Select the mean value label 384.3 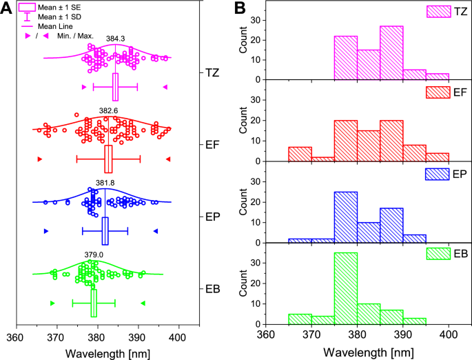click(x=115, y=39)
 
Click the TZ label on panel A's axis click(x=213, y=72)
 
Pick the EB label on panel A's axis click(x=212, y=288)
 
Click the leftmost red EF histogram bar click(x=300, y=154)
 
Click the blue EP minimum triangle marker click(x=46, y=230)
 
